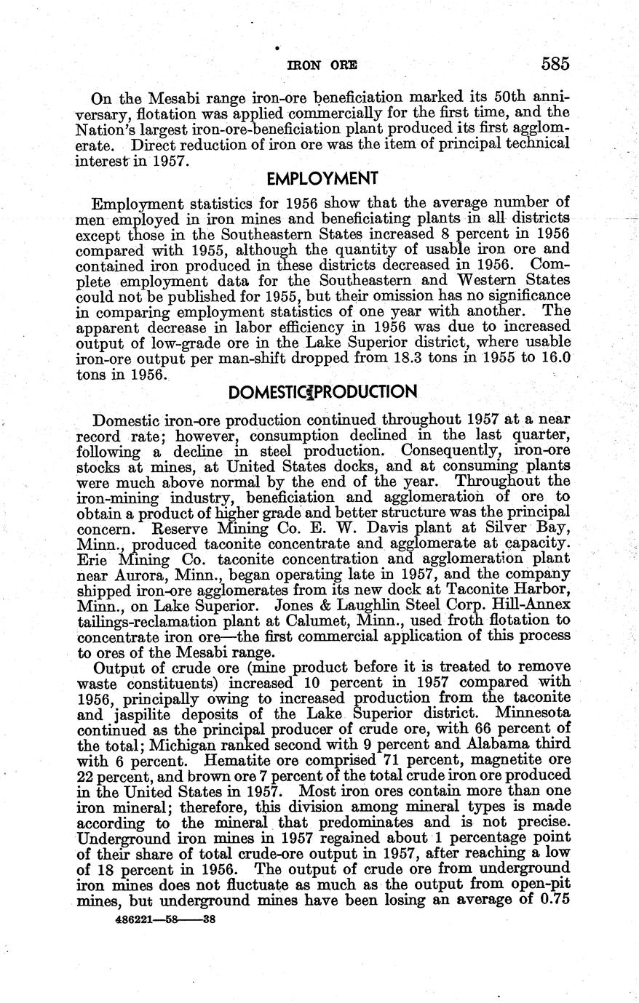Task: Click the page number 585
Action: pyautogui.click(x=555, y=64)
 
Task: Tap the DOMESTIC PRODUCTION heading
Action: pyautogui.click(x=322, y=393)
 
